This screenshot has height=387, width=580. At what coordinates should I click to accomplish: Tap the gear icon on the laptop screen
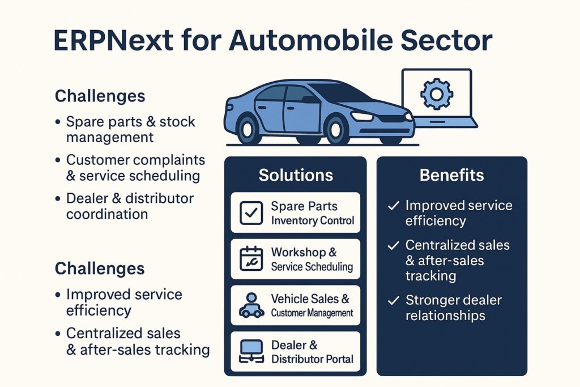437,94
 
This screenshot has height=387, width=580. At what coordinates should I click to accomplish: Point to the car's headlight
362,116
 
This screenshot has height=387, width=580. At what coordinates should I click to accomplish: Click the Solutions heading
296,175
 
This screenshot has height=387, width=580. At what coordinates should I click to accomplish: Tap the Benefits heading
451,175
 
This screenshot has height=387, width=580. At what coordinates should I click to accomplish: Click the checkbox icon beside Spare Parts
251,212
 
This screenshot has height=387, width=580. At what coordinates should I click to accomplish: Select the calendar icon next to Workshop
251,258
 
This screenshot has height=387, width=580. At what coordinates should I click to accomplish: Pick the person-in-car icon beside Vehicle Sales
251,305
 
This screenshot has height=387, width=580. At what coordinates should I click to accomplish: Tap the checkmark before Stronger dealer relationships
393,300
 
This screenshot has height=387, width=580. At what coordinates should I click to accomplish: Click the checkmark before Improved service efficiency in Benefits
393,205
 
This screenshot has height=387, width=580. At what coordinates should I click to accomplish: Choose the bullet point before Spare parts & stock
58,122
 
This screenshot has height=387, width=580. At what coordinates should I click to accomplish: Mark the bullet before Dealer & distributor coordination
58,199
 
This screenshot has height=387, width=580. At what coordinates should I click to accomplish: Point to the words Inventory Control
313,220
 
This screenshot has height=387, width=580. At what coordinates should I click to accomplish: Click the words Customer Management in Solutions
312,313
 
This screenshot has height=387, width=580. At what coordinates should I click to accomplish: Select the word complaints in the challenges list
169,160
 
